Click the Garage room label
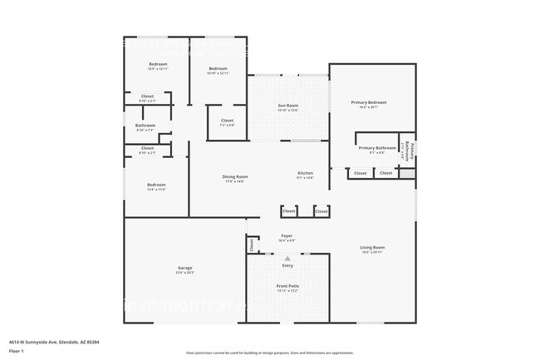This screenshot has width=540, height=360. coord(184,268)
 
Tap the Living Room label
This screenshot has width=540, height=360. coord(372,247)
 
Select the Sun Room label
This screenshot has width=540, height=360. coord(287,106)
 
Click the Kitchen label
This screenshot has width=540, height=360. coord(306,173)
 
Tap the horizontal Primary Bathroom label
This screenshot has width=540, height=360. coord(377,148)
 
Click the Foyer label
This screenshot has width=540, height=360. coord(287,236)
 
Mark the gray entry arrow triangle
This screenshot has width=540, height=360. coord(287,259)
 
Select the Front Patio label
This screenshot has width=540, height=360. coord(287,286)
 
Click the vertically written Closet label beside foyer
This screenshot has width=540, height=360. coord(252,245)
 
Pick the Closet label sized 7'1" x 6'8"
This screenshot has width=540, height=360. coord(227,121)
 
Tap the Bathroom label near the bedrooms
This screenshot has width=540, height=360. coord(145,126)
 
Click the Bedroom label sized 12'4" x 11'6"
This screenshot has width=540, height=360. coord(157,185)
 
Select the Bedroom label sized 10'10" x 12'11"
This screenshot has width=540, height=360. coord(218,68)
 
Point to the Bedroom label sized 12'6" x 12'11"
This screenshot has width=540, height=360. coord(158,64)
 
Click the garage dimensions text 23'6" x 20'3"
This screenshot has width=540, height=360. coord(184,273)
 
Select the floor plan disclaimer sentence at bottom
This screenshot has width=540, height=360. coord(270,353)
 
